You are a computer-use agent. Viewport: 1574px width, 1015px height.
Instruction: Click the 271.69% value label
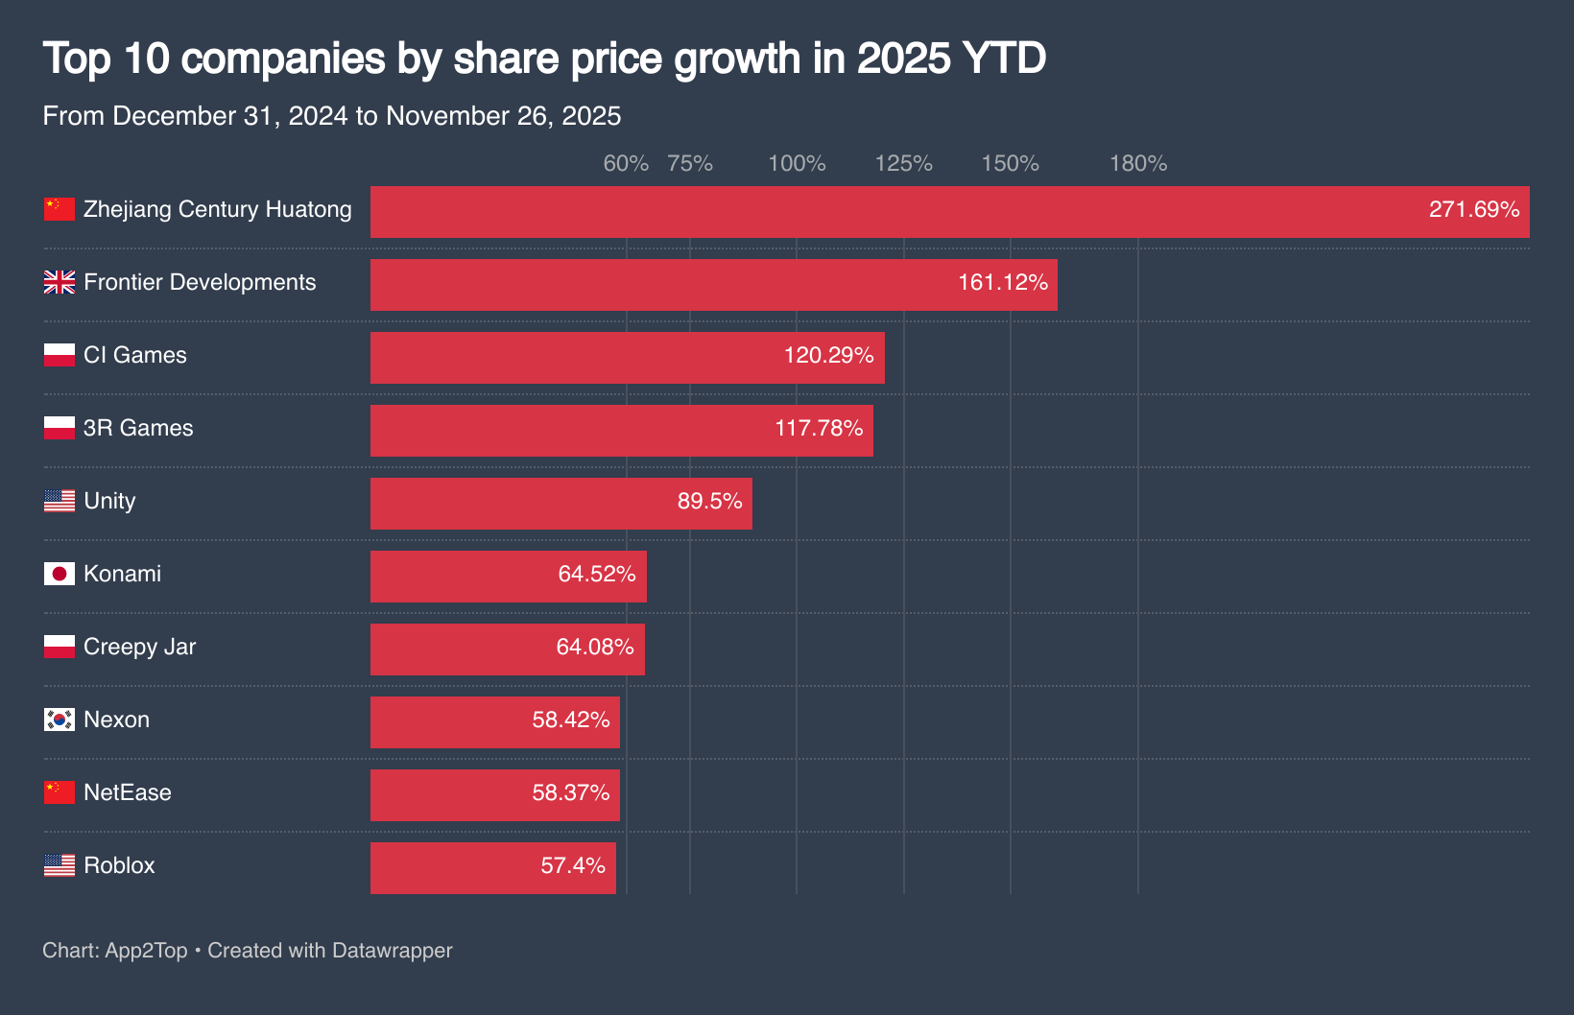tap(1473, 210)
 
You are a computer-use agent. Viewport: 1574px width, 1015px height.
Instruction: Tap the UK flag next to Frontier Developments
tap(60, 282)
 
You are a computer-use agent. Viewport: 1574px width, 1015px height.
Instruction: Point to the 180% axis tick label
tap(1138, 164)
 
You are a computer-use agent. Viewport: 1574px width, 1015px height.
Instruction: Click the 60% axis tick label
tap(626, 164)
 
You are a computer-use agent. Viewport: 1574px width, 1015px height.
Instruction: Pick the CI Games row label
tap(134, 355)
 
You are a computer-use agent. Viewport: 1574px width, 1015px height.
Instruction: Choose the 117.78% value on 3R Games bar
tap(819, 429)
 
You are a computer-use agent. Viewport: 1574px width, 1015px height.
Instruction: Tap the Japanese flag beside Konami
tap(60, 574)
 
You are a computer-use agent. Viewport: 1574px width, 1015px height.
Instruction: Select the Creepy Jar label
tap(139, 647)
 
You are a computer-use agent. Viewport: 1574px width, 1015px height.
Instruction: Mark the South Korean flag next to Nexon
tap(60, 720)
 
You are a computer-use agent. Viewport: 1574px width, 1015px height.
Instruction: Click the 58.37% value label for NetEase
tap(571, 793)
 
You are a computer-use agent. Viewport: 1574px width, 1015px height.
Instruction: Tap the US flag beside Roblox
tap(60, 865)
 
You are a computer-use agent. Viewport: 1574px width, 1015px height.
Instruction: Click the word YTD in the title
tap(1003, 59)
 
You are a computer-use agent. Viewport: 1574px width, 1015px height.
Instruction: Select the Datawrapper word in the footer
tap(392, 951)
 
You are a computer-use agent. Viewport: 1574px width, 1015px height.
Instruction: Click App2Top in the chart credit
tap(146, 951)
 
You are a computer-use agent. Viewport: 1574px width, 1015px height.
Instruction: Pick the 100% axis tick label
tap(797, 164)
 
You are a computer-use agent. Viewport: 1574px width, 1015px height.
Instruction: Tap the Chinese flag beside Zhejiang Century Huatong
tap(60, 209)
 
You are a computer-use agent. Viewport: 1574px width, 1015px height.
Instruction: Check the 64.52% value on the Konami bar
tap(597, 575)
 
